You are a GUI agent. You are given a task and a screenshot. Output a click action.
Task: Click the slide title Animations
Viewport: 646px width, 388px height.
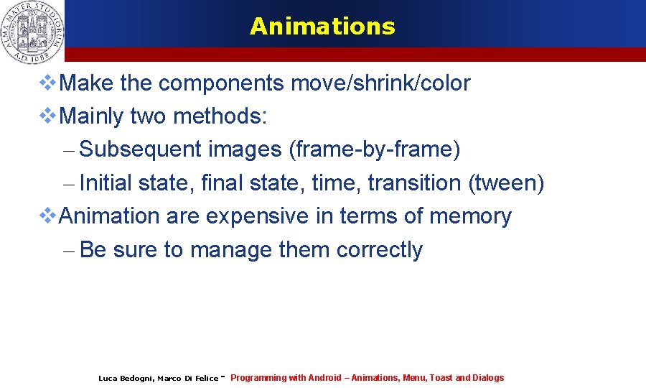[322, 27]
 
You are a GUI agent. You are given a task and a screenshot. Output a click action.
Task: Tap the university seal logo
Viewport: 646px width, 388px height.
[32, 30]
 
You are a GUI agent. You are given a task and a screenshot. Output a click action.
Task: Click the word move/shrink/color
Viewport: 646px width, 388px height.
[380, 83]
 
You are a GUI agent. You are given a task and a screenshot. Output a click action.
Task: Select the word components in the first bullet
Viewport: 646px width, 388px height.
[221, 83]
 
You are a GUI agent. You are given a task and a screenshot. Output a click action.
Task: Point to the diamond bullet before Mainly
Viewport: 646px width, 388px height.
[47, 116]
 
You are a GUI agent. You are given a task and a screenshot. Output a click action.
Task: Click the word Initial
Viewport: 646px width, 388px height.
[106, 183]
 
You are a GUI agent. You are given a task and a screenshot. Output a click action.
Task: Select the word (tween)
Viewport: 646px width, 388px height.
[506, 183]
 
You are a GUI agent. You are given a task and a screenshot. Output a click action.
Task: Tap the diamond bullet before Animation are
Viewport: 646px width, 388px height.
[47, 216]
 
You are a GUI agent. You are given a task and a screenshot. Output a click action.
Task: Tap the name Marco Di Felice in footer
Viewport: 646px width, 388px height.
[187, 379]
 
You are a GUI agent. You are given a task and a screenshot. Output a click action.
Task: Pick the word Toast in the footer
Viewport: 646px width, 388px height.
[441, 378]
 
